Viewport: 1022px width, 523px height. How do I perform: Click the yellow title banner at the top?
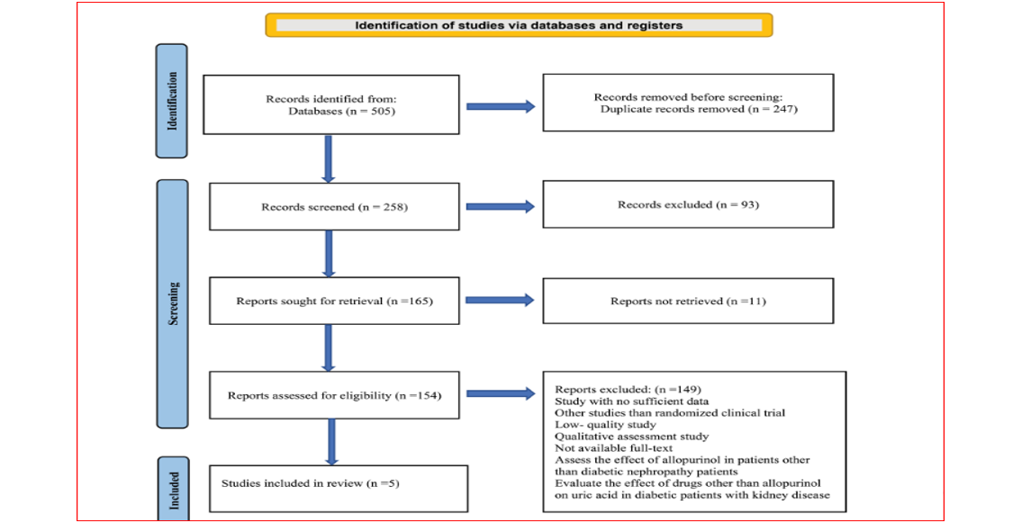(x=519, y=25)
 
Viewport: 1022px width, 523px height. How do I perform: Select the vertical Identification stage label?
(x=171, y=101)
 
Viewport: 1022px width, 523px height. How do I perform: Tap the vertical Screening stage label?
(x=172, y=303)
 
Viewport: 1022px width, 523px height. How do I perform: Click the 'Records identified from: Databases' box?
(x=331, y=104)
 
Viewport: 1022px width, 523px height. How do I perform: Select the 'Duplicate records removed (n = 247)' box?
(x=688, y=103)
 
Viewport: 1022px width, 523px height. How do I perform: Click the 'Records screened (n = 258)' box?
(x=334, y=207)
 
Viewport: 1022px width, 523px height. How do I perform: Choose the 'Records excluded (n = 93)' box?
(x=688, y=204)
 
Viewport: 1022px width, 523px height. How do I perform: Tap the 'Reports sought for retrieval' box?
(x=334, y=301)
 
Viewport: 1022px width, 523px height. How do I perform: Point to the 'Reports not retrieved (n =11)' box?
(x=688, y=301)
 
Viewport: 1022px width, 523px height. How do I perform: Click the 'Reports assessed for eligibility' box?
(x=334, y=395)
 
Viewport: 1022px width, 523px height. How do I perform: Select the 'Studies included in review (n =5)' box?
(x=339, y=489)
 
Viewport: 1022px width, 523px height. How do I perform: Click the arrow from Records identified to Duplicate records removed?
(x=501, y=106)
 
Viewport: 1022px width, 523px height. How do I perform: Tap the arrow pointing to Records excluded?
(x=501, y=206)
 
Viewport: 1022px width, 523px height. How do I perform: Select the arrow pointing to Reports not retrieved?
(x=501, y=301)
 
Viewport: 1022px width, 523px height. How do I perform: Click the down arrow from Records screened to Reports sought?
(x=329, y=254)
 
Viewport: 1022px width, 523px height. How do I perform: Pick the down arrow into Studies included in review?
(x=331, y=442)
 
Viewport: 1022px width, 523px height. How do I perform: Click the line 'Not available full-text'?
(x=614, y=448)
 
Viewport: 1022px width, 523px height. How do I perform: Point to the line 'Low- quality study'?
(x=605, y=425)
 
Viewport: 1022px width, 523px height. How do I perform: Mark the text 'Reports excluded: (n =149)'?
(x=628, y=390)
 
